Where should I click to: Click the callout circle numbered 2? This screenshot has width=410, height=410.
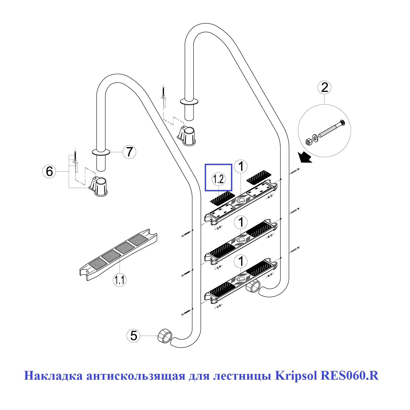pyautogui.click(x=324, y=88)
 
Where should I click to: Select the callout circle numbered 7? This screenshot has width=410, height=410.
pyautogui.click(x=129, y=152)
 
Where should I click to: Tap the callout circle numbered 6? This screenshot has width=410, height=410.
pyautogui.click(x=49, y=172)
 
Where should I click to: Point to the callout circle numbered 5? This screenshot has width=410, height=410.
pyautogui.click(x=133, y=335)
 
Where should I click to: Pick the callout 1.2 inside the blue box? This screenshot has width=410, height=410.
pyautogui.click(x=219, y=179)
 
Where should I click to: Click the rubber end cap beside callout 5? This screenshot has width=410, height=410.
pyautogui.click(x=165, y=336)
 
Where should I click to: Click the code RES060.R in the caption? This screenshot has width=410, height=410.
pyautogui.click(x=349, y=376)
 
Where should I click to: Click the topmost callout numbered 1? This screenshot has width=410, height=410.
pyautogui.click(x=241, y=166)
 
